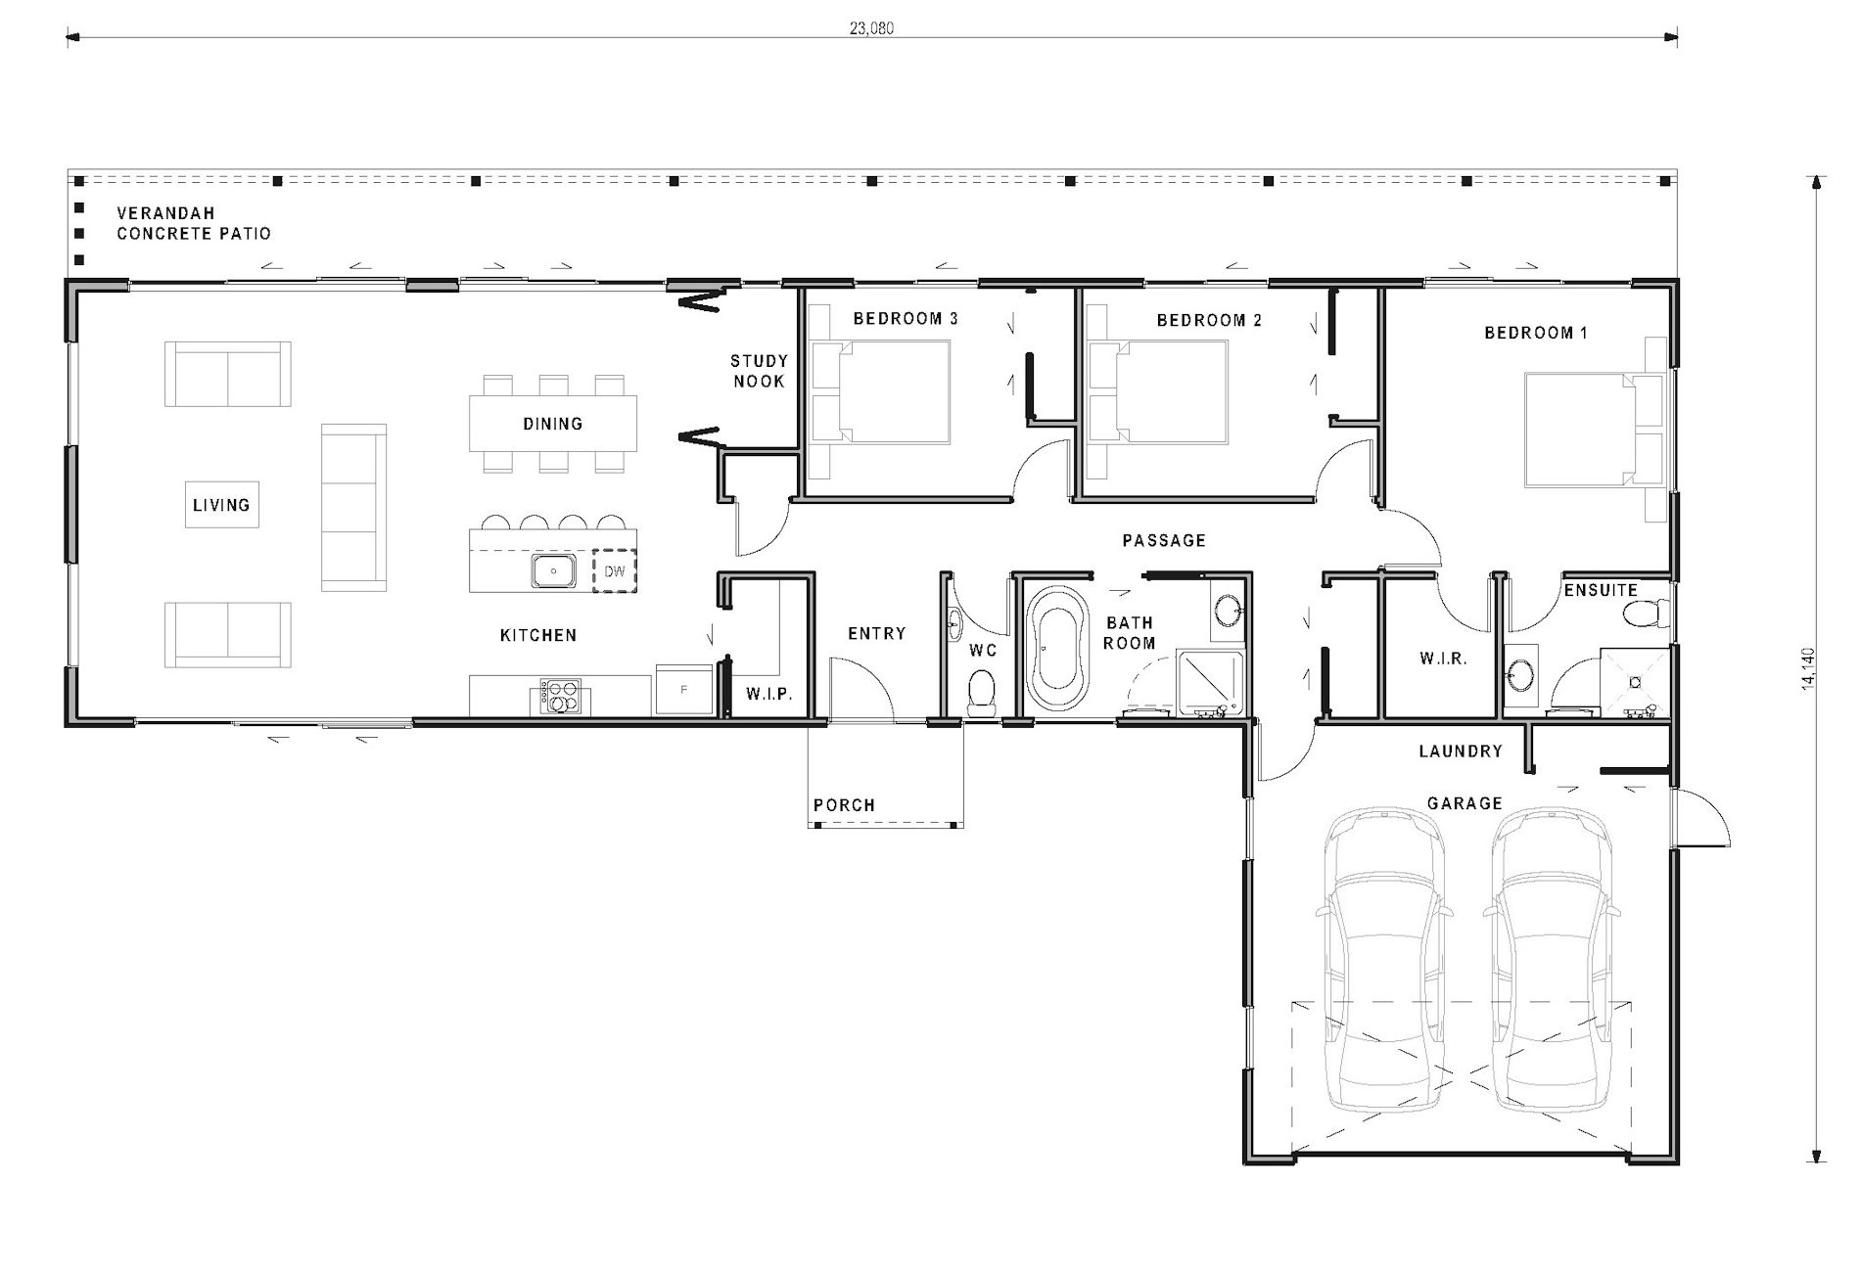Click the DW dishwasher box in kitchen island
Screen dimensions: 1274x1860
point(615,571)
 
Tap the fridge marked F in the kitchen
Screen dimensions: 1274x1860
point(683,690)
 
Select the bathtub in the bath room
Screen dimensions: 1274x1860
point(1057,648)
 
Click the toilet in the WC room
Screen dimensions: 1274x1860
point(981,692)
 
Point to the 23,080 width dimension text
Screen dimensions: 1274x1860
point(871,28)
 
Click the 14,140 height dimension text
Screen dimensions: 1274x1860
point(1808,668)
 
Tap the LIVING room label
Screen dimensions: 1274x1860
point(221,505)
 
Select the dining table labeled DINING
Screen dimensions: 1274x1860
point(553,423)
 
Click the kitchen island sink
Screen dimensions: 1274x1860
point(553,570)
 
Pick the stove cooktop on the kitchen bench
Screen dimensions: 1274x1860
point(559,697)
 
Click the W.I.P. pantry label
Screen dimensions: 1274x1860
point(768,694)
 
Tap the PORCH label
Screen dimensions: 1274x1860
point(844,805)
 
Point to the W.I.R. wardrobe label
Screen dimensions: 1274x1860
point(1443,659)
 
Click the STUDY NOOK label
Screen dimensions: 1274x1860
point(759,371)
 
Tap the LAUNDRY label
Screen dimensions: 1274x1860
point(1461,751)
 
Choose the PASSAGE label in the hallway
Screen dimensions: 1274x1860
point(1164,540)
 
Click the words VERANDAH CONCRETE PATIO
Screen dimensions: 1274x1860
point(193,223)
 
